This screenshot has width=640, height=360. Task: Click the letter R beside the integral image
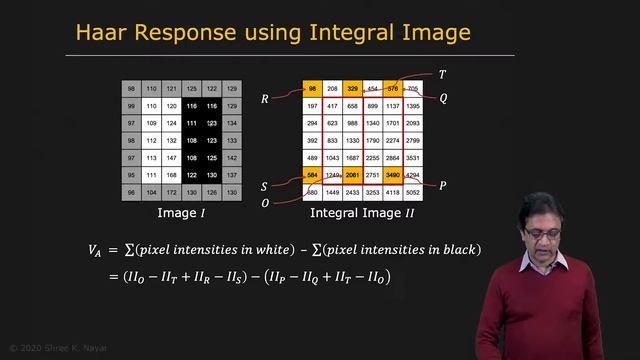point(265,99)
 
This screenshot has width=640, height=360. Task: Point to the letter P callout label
point(442,185)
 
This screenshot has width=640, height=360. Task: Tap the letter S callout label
point(265,186)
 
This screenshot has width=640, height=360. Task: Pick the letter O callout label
point(265,203)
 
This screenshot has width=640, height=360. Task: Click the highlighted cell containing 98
point(313,89)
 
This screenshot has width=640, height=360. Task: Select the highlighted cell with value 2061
point(353,174)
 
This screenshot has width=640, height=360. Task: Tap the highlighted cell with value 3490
point(394,174)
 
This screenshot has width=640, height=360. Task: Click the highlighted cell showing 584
point(313,174)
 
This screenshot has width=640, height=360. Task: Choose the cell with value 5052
point(414,191)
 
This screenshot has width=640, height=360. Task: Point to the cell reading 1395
point(414,106)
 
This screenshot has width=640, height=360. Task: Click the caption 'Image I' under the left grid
point(182,213)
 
